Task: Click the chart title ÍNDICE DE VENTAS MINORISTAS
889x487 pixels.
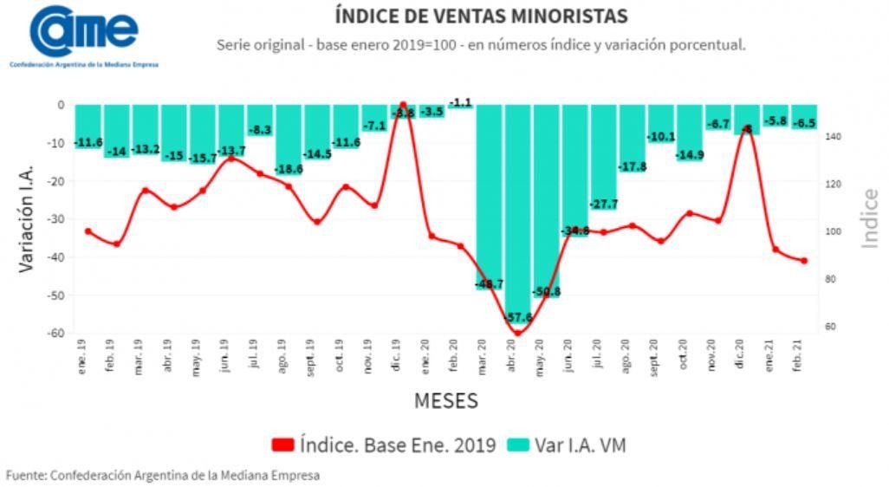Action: coord(481,16)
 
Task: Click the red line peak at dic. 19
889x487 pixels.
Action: coord(403,105)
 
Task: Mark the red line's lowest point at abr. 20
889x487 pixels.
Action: coord(518,333)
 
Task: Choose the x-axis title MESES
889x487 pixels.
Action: coord(445,401)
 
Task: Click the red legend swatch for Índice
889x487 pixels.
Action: coord(282,445)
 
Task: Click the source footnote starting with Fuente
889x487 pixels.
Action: coord(163,475)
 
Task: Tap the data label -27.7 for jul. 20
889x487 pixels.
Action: coord(604,205)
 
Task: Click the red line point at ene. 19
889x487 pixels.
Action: coord(88,231)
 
